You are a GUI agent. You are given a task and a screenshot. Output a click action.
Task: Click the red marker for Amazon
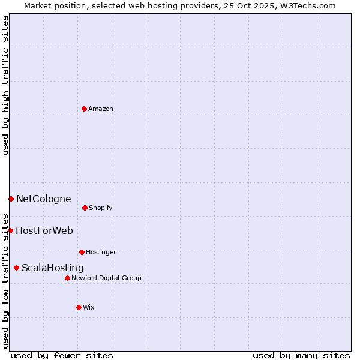pyautogui.click(x=84, y=109)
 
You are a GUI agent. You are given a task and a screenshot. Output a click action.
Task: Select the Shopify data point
pyautogui.click(x=85, y=208)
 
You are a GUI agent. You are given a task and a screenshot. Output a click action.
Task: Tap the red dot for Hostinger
pyautogui.click(x=82, y=252)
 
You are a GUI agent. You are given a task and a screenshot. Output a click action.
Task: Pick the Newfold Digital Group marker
pyautogui.click(x=67, y=278)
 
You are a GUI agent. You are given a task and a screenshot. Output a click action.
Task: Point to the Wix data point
pyautogui.click(x=79, y=307)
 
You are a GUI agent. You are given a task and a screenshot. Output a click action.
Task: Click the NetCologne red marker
pyautogui.click(x=11, y=199)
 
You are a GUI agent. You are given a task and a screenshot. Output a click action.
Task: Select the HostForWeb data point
pyautogui.click(x=10, y=230)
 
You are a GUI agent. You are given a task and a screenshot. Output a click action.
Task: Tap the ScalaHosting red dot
pyautogui.click(x=16, y=268)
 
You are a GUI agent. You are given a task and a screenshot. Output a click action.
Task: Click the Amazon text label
pyautogui.click(x=100, y=109)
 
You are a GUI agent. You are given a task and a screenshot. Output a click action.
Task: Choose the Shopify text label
pyautogui.click(x=100, y=208)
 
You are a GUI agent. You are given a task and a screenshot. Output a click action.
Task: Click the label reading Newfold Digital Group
pyautogui.click(x=106, y=278)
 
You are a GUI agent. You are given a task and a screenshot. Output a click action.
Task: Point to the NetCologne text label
pyautogui.click(x=43, y=199)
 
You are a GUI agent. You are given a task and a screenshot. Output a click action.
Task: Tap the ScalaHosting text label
pyautogui.click(x=52, y=268)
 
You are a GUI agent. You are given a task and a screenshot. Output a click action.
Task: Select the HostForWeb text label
pyautogui.click(x=44, y=230)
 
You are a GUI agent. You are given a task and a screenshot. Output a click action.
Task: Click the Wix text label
pyautogui.click(x=88, y=307)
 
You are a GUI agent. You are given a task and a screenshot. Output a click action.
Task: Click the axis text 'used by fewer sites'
pyautogui.click(x=62, y=355)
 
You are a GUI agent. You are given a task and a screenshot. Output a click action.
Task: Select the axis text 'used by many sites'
pyautogui.click(x=301, y=355)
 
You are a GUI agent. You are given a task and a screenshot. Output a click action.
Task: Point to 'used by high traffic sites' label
pyautogui.click(x=5, y=85)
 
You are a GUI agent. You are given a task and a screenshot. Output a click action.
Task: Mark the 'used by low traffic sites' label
pyautogui.click(x=5, y=280)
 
